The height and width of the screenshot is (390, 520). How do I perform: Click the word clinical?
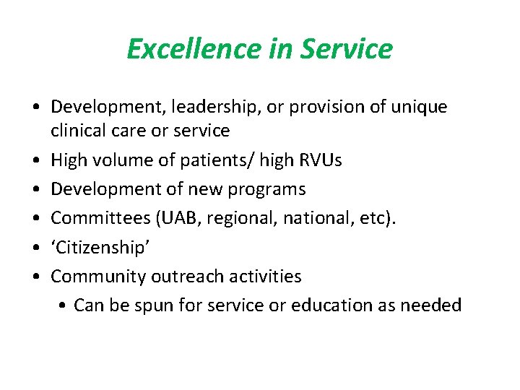pyautogui.click(x=79, y=131)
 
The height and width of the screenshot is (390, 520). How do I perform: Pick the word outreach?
pyautogui.click(x=188, y=276)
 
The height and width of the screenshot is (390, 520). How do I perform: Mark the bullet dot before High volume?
pyautogui.click(x=36, y=160)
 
